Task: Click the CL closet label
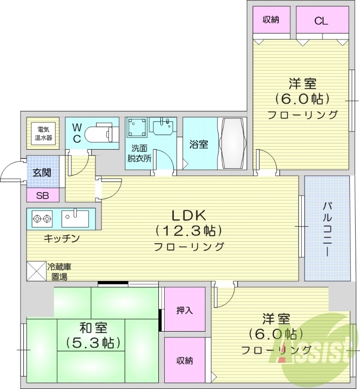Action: coord(321,20)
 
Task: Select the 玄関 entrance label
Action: coord(42,173)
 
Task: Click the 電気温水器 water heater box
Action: coord(42,133)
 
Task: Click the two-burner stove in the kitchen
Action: coord(42,218)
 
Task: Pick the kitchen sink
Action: coord(75,217)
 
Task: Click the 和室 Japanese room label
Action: coord(91,329)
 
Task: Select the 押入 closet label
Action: coord(184,310)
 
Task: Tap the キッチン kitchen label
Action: coord(61,238)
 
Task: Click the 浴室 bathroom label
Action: coord(199,144)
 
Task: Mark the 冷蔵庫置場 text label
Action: coord(59,272)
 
